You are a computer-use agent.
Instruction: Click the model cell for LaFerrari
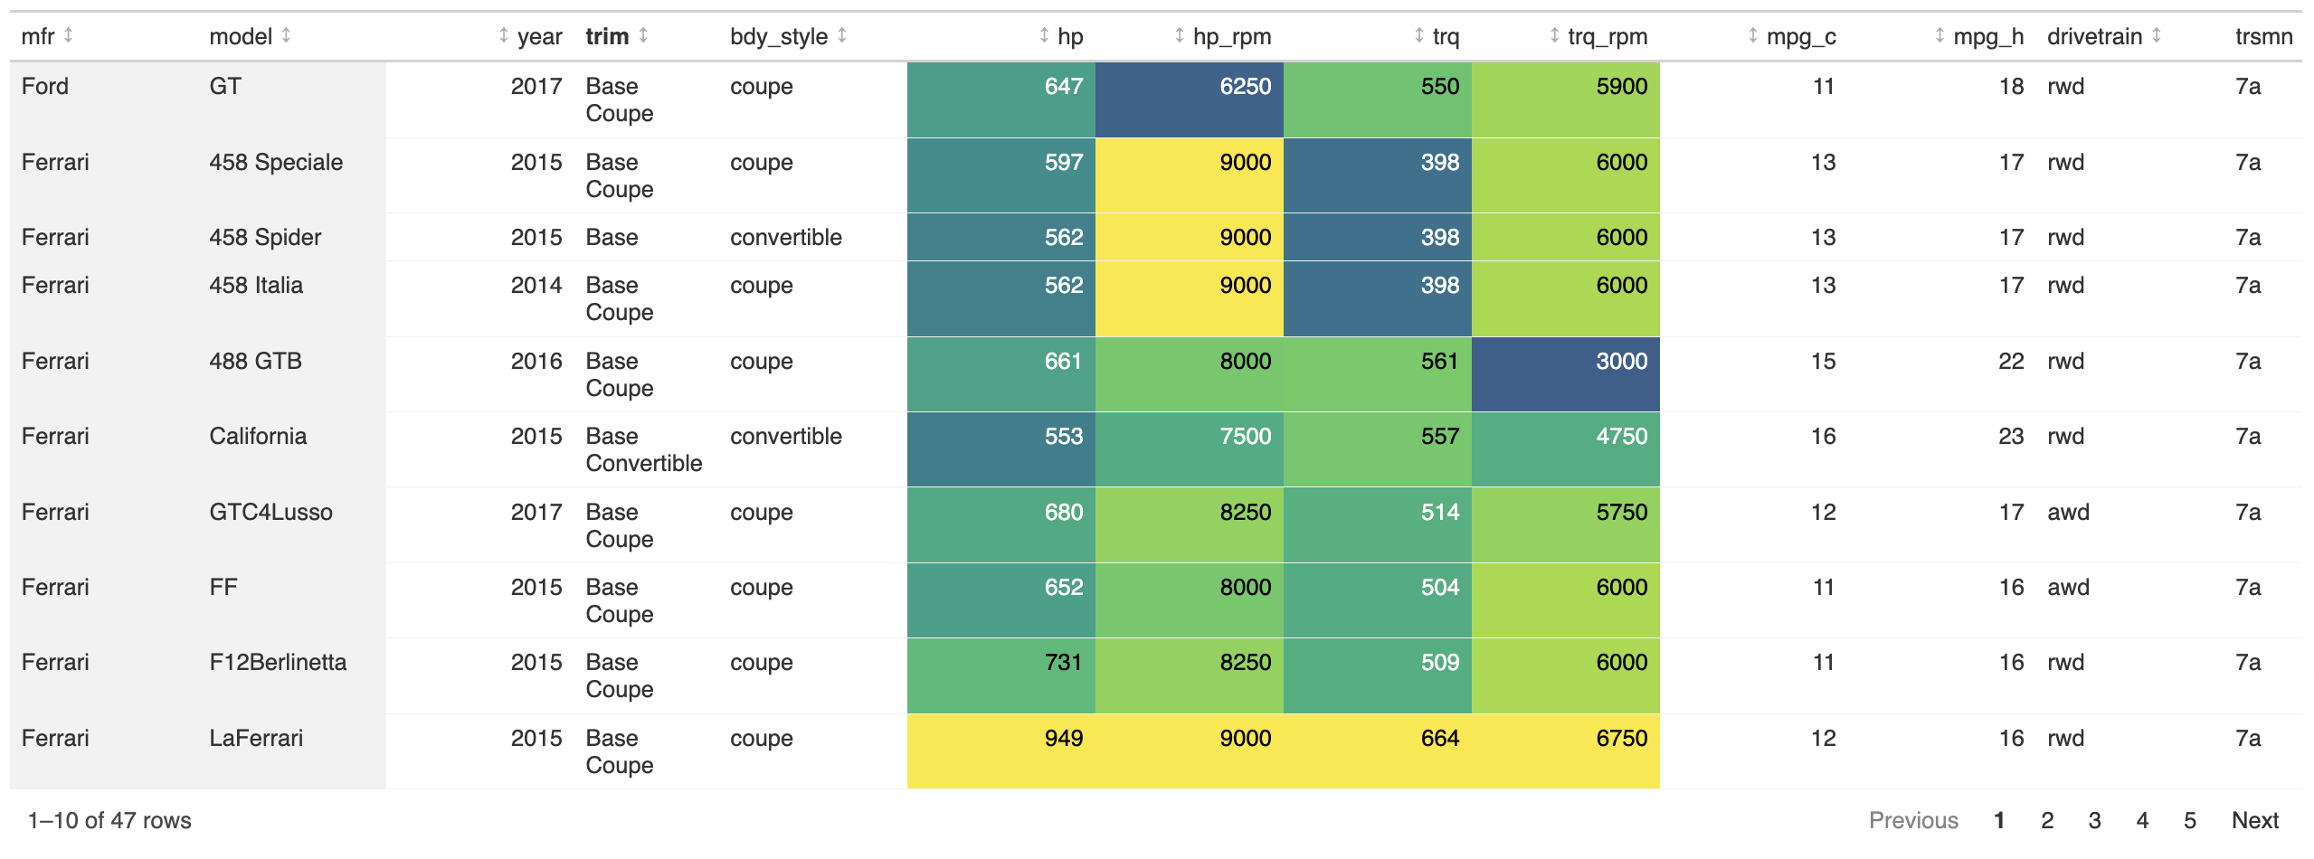tap(256, 739)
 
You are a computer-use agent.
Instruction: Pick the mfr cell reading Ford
tap(45, 87)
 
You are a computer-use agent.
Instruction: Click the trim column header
tap(607, 36)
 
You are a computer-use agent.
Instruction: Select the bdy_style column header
tap(778, 36)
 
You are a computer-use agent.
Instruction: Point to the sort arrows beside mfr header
tap(69, 35)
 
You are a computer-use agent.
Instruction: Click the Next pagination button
tap(2254, 820)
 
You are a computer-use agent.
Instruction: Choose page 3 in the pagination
tap(2094, 820)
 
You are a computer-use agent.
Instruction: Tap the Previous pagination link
tap(1913, 820)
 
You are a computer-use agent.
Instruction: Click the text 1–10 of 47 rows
tap(109, 820)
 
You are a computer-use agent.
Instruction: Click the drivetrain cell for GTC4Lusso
tap(2068, 513)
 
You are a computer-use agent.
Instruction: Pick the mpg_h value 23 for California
tap(2010, 437)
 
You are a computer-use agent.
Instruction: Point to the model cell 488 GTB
tap(255, 362)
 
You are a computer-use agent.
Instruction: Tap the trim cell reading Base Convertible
tap(643, 450)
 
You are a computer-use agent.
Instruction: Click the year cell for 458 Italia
tap(536, 286)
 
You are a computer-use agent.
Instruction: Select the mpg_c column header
tap(1800, 36)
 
